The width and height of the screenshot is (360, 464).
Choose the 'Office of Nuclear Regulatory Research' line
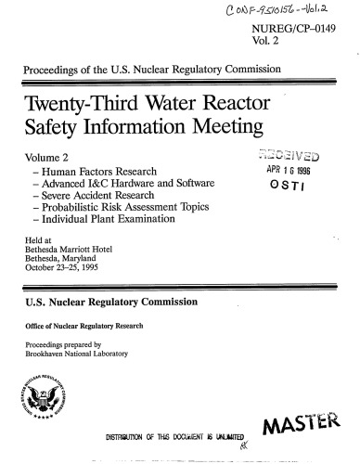87,337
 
